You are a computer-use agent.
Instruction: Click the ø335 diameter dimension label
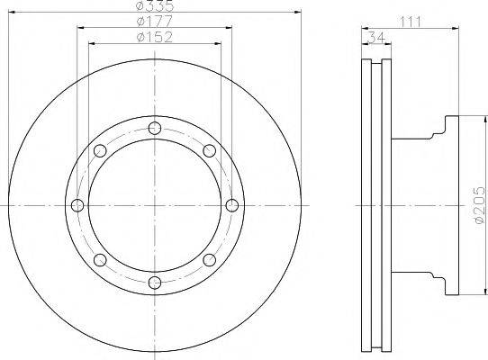pyautogui.click(x=155, y=5)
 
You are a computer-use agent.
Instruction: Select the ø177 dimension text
pyautogui.click(x=154, y=22)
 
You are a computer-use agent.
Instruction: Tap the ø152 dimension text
pyautogui.click(x=154, y=37)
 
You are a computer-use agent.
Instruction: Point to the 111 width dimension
pyautogui.click(x=410, y=22)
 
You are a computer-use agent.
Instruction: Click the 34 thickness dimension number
pyautogui.click(x=376, y=38)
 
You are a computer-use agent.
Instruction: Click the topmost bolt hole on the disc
pyautogui.click(x=155, y=128)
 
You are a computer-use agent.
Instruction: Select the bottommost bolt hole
pyautogui.click(x=155, y=283)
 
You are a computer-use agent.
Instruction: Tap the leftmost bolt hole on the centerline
pyautogui.click(x=77, y=205)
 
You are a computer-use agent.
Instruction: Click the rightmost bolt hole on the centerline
pyautogui.click(x=232, y=205)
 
